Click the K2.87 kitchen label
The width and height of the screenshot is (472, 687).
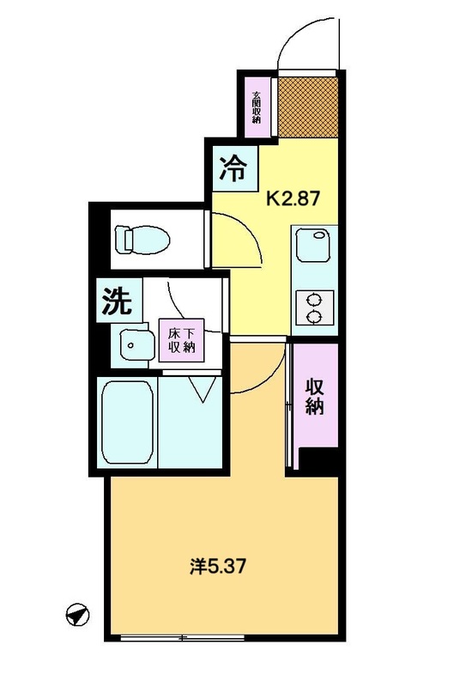coord(293,199)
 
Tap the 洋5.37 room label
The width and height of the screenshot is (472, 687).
coord(218,567)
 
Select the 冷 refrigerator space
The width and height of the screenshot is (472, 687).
coord(235,168)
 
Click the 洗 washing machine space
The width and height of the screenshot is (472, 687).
coord(119,301)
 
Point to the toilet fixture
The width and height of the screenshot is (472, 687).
coord(142,240)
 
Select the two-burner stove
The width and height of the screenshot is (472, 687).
coord(315,307)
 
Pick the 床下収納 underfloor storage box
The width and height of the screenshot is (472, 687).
coord(181,340)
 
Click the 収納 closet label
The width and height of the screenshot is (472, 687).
coord(314,397)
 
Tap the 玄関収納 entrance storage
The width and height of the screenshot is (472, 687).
coord(257,106)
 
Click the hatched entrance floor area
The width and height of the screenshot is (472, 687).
coord(308,106)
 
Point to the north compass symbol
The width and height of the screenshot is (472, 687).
coord(77,615)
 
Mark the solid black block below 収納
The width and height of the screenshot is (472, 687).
coord(318,461)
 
